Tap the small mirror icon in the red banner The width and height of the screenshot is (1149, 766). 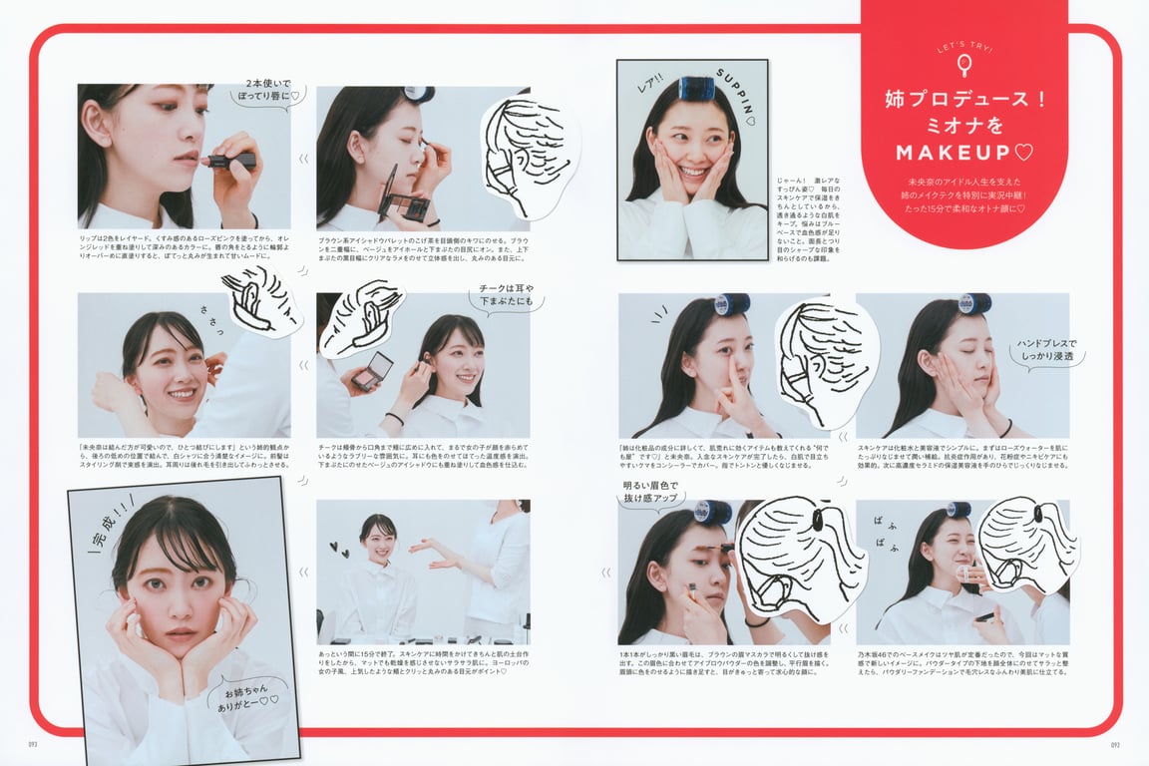963,66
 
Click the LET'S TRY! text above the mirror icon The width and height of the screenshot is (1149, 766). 963,47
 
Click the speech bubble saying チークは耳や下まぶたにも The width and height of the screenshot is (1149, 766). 506,295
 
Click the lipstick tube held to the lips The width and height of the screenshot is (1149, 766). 231,160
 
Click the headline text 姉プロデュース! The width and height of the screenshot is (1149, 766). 963,100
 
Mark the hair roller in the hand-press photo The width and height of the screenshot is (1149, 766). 972,302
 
